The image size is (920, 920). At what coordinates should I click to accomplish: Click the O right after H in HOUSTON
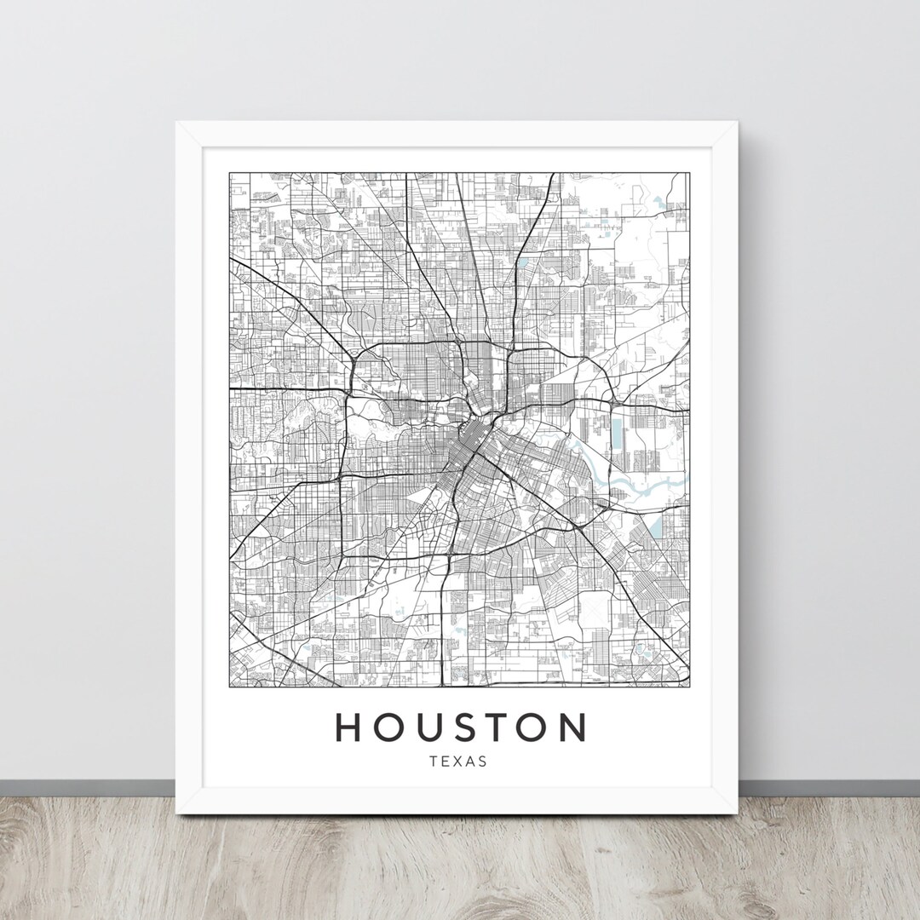pos(388,727)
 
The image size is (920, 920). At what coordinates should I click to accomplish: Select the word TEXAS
pos(460,762)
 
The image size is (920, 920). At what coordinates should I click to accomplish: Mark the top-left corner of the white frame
pos(177,124)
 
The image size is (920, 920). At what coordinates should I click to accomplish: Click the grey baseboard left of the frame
pos(85,789)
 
